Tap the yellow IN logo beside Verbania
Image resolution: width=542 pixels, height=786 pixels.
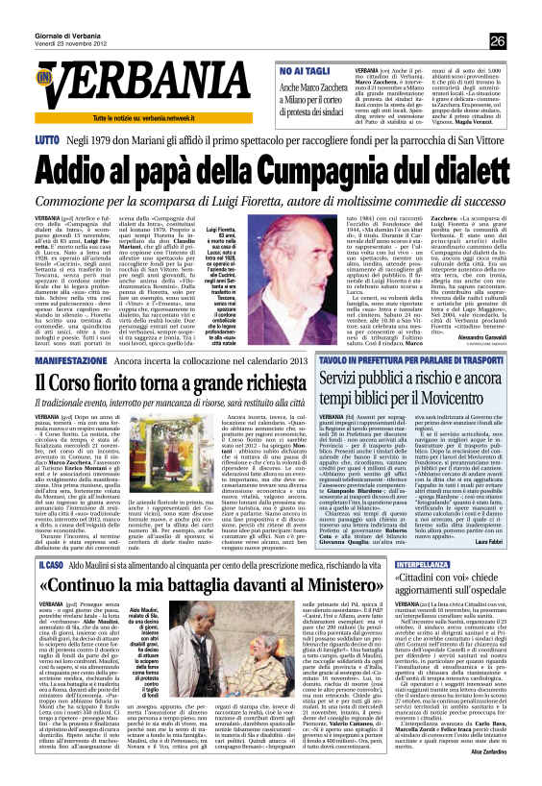[x=44, y=77]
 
